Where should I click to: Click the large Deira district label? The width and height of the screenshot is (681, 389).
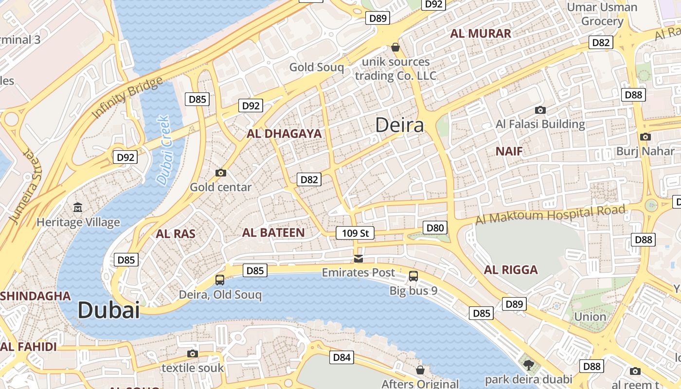(x=399, y=125)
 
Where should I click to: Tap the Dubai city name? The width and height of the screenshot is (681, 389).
(x=108, y=310)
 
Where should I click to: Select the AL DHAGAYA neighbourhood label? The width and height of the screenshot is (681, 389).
(x=284, y=134)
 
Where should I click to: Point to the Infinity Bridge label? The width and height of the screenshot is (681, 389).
(x=127, y=97)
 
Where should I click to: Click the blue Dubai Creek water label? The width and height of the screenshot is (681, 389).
(x=163, y=149)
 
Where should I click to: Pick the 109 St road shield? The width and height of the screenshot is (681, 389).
(x=355, y=233)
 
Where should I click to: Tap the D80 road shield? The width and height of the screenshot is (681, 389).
(x=435, y=227)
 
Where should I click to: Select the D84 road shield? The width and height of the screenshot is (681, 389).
(x=341, y=357)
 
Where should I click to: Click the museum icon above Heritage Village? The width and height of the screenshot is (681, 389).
(x=78, y=208)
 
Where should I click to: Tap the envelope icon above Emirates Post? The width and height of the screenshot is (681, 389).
(x=358, y=258)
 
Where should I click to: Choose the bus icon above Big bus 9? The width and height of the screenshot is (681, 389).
(x=413, y=276)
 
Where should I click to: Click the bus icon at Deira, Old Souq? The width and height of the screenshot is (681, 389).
(x=220, y=280)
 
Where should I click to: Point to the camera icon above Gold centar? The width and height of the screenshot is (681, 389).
(x=221, y=173)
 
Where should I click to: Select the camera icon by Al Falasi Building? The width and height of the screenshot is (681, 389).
(x=540, y=110)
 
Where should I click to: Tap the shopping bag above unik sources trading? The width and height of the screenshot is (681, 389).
(x=395, y=47)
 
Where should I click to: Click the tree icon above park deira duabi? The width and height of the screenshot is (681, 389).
(x=528, y=364)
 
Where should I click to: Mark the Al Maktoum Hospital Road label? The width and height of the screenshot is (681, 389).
(x=550, y=214)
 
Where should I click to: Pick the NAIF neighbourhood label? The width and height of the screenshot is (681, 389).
(x=509, y=151)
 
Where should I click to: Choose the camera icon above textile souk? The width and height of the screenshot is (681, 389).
(x=193, y=354)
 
